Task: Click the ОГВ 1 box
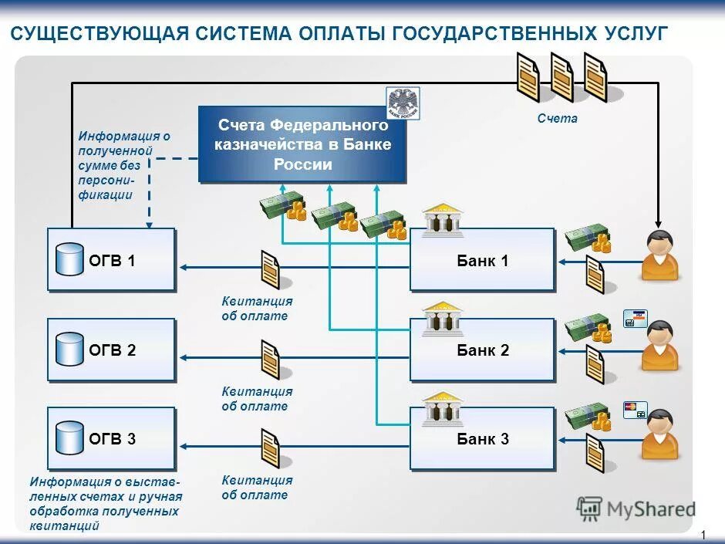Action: click(112, 260)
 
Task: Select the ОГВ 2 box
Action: click(112, 350)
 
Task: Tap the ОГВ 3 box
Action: click(112, 439)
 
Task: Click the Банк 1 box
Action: click(482, 261)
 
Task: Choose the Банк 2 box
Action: click(482, 350)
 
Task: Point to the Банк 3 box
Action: click(482, 439)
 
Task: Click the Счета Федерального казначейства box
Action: click(302, 144)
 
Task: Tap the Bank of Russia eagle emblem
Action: click(403, 103)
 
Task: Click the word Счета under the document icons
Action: click(557, 119)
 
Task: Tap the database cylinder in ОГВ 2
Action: click(69, 349)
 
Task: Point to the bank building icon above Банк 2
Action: click(442, 319)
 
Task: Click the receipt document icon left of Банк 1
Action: click(270, 269)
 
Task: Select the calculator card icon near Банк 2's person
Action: click(635, 319)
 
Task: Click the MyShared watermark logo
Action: click(636, 509)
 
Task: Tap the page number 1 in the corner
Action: click(703, 535)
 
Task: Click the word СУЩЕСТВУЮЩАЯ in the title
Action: click(97, 34)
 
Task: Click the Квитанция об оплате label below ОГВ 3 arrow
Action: click(257, 488)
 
